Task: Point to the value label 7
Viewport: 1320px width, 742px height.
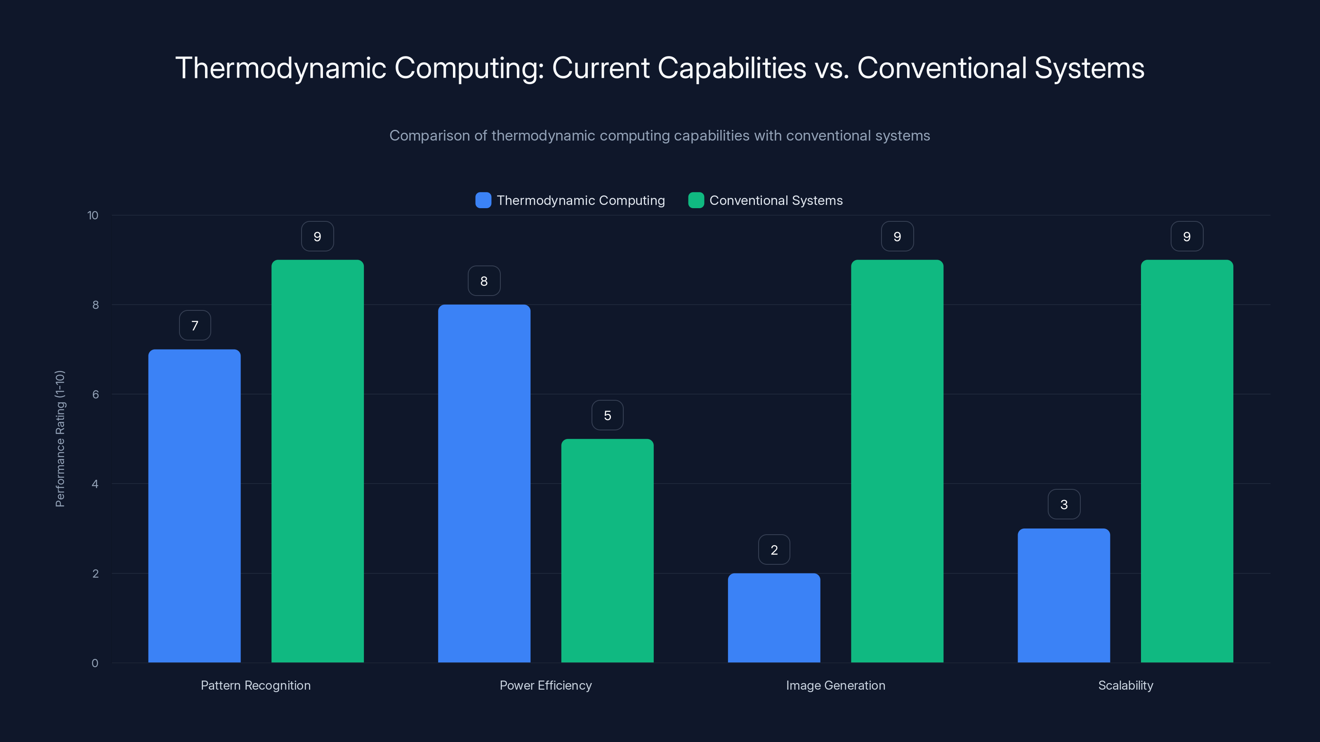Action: (x=195, y=326)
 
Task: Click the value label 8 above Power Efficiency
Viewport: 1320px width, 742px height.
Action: (x=484, y=281)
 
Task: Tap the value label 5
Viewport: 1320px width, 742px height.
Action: (x=607, y=415)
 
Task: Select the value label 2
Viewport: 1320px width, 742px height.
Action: (x=774, y=550)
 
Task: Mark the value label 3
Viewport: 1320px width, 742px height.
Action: (x=1064, y=505)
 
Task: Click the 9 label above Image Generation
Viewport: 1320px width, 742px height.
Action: (x=897, y=237)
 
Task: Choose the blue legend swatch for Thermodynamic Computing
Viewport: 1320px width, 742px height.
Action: (x=483, y=200)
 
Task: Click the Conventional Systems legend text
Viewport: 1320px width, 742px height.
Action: (x=776, y=200)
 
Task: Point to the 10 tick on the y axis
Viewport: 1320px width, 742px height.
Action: (x=93, y=215)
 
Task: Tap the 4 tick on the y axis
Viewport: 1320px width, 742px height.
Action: (x=95, y=484)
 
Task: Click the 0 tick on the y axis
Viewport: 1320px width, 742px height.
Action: (x=95, y=663)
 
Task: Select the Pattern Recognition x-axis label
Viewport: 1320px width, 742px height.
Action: (x=256, y=685)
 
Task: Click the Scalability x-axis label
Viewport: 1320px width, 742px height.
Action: (x=1125, y=685)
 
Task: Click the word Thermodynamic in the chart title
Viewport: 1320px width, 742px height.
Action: (x=281, y=68)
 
